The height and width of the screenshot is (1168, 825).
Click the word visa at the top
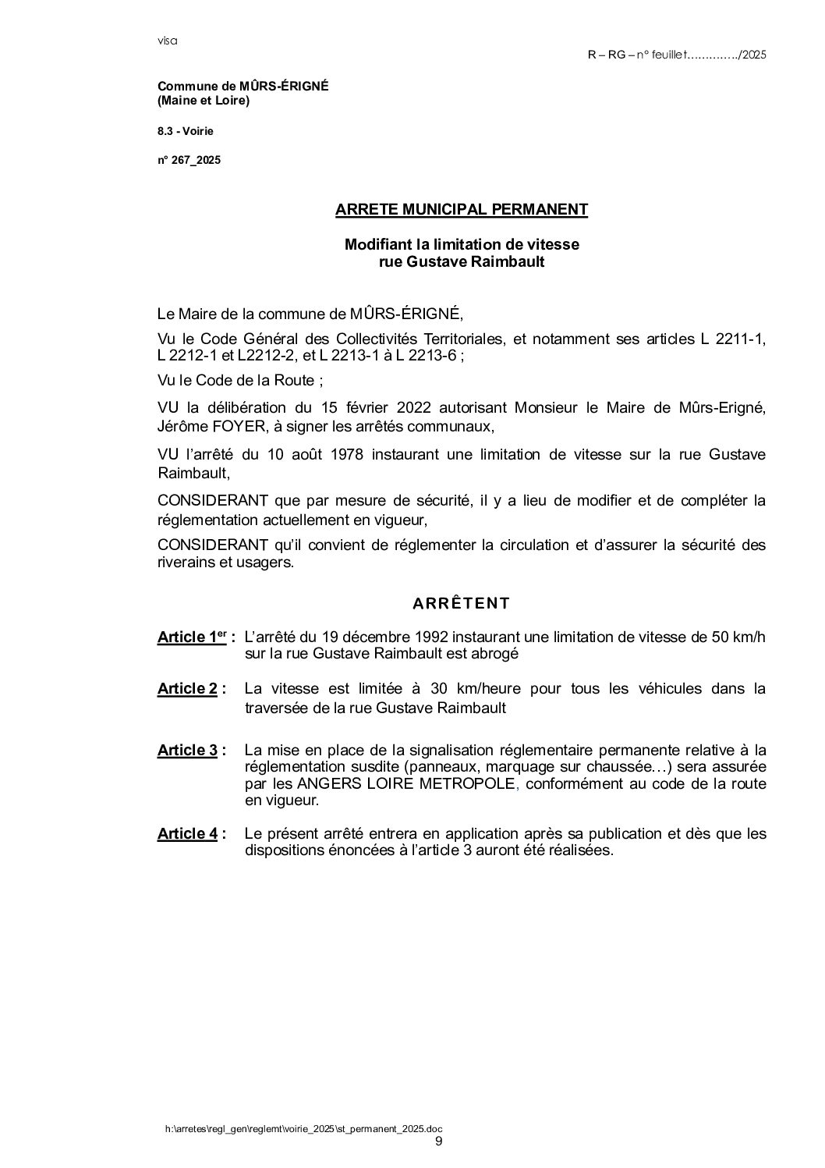[x=167, y=41]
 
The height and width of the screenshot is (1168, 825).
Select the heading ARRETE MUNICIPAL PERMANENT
[x=462, y=209]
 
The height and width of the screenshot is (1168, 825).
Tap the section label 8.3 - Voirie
[x=185, y=131]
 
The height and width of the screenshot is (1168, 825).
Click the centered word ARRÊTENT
[x=462, y=603]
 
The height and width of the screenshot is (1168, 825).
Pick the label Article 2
[x=187, y=689]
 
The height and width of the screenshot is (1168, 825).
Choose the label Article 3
[x=187, y=751]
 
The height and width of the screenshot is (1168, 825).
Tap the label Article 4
[x=187, y=834]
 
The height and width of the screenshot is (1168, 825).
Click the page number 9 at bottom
[x=438, y=1141]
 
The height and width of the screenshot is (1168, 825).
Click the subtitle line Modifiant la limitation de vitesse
[x=462, y=244]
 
